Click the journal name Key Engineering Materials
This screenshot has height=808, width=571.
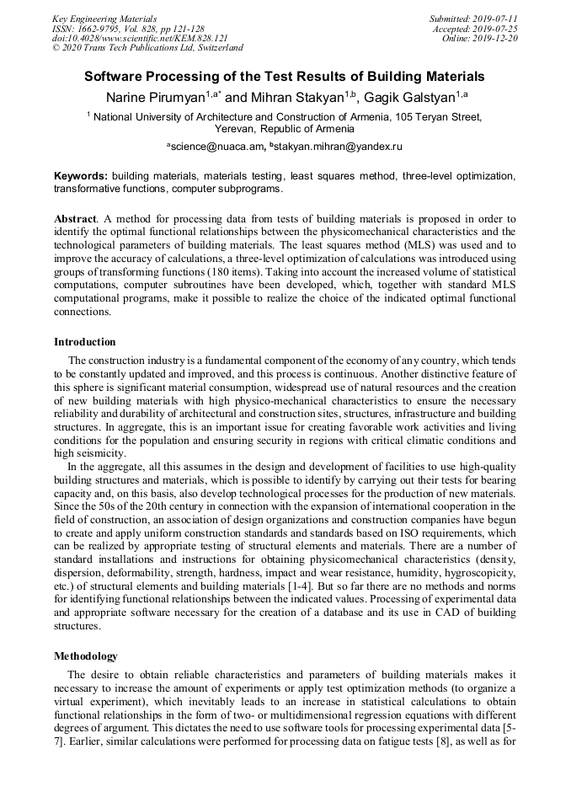click(x=104, y=19)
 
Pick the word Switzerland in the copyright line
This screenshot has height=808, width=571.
click(x=215, y=49)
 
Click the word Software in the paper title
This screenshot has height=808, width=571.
click(x=113, y=77)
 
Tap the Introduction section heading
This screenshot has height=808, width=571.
click(x=85, y=342)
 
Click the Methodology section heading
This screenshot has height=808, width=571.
click(x=86, y=655)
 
